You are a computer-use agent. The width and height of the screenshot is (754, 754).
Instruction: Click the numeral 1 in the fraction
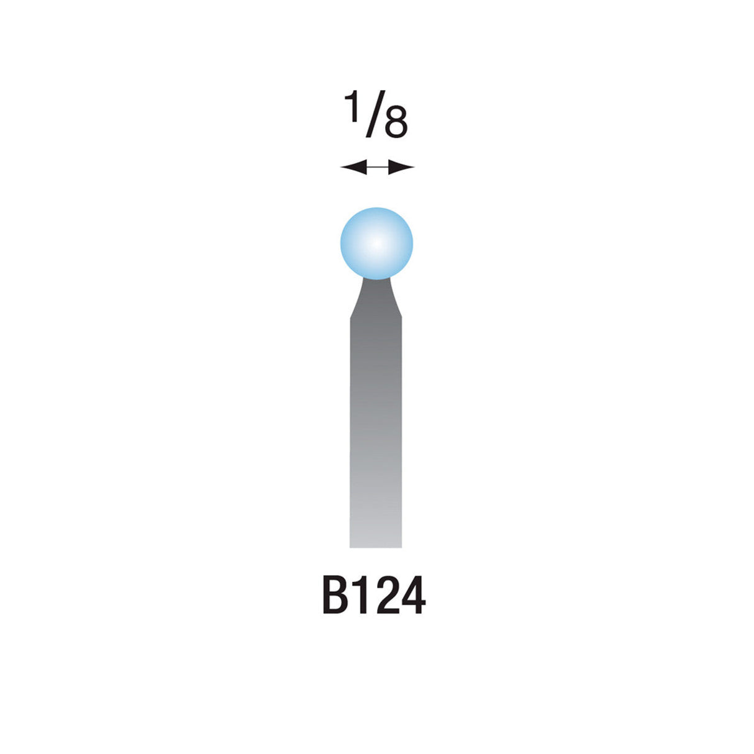[x=353, y=107]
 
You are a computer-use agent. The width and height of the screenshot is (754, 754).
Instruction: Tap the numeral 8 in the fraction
[x=396, y=124]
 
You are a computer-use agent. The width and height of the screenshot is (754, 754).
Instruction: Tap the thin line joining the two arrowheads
[x=377, y=167]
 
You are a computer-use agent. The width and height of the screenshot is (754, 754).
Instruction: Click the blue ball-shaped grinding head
[x=376, y=243]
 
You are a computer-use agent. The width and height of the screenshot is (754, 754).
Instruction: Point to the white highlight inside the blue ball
[x=375, y=243]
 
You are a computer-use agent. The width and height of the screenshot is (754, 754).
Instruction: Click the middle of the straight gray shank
[x=376, y=432]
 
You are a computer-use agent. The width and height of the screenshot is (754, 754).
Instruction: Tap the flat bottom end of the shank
[x=376, y=546]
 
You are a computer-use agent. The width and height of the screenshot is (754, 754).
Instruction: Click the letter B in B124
[x=335, y=596]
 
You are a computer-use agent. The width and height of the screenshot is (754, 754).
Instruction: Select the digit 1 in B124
[x=362, y=596]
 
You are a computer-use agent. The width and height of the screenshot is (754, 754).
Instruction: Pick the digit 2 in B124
[x=385, y=596]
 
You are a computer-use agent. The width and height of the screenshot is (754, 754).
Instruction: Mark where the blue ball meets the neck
[x=376, y=279]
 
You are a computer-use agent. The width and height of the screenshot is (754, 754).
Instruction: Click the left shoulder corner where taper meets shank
[x=351, y=317]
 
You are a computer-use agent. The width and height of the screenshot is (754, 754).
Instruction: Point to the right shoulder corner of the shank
[x=402, y=317]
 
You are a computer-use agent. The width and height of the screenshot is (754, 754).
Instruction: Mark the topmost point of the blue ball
[x=376, y=207]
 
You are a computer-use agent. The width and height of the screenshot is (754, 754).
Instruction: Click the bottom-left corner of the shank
[x=351, y=547]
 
